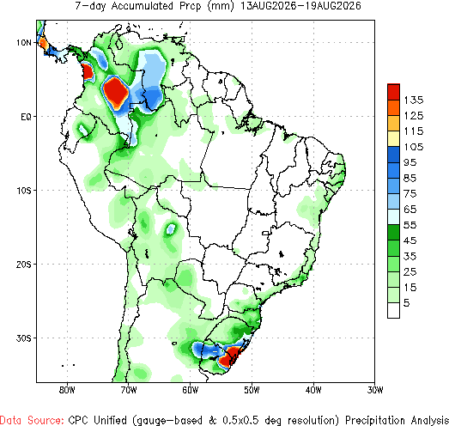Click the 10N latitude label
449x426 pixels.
[x=24, y=43]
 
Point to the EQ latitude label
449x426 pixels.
[x=26, y=117]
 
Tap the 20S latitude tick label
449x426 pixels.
[x=24, y=265]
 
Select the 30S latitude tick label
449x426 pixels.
[x=24, y=338]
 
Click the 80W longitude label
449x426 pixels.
[x=67, y=390]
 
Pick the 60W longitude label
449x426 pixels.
[x=190, y=390]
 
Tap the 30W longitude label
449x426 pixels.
[x=375, y=390]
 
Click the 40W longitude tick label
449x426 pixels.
[x=313, y=390]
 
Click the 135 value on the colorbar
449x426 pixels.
[x=414, y=100]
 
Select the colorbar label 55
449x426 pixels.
[x=410, y=225]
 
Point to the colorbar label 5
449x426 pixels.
[x=407, y=303]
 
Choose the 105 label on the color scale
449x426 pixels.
[x=414, y=147]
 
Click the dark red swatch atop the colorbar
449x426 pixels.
[x=393, y=92]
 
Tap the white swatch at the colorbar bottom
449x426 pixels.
[x=393, y=310]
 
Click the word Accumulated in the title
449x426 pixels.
[x=142, y=6]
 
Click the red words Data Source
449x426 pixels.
[x=32, y=420]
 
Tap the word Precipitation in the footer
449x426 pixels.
[x=376, y=420]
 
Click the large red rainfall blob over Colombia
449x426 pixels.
[x=116, y=91]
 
